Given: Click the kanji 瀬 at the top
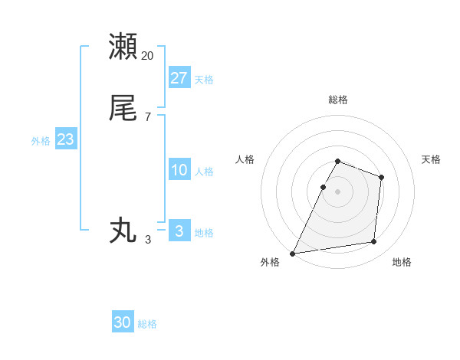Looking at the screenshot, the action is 123,46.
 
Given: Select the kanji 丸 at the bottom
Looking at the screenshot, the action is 123,230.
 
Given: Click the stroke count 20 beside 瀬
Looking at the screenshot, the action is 148,56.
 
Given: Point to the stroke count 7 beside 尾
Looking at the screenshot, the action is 148,117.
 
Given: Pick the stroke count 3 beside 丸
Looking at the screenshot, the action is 148,240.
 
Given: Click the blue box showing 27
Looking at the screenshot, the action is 179,77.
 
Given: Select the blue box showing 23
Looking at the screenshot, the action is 65,140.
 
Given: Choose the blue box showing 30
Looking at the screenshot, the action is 123,322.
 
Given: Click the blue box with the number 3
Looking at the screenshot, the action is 179,231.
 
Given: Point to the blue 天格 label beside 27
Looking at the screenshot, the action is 204,80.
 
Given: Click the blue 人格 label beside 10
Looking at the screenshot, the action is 204,172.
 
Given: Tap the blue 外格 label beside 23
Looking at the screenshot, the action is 41,141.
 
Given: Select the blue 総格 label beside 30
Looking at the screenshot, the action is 147,324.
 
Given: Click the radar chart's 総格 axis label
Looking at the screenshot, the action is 338,100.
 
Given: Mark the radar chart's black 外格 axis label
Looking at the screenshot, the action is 270,263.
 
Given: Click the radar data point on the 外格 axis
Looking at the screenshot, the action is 293,253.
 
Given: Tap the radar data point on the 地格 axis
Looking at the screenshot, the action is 374,242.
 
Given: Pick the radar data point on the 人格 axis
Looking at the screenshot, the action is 323,187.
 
